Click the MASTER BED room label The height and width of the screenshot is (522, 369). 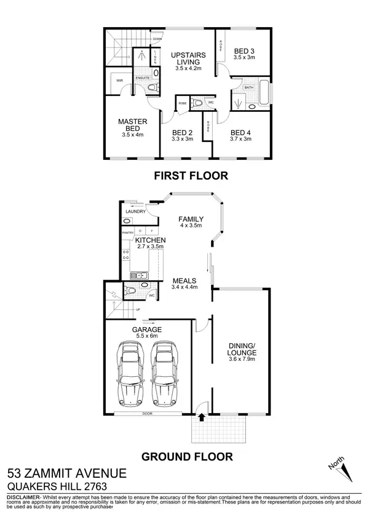(x=133, y=125)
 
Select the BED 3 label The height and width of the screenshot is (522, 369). (x=244, y=50)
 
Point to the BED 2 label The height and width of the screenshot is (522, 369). (x=183, y=132)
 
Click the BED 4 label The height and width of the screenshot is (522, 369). (x=241, y=132)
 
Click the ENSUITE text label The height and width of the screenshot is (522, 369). (x=143, y=78)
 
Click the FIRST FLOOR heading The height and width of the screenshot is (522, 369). (x=190, y=176)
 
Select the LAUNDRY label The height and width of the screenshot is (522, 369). (x=135, y=212)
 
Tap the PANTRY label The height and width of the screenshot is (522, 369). (x=127, y=233)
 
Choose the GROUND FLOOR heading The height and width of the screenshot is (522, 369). (x=187, y=456)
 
